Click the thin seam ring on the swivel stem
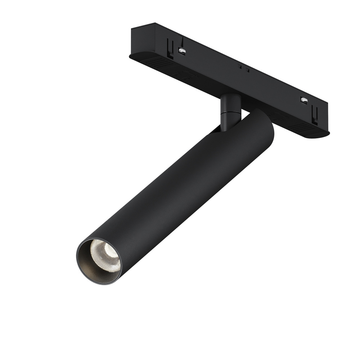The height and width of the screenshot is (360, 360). pos(229,113)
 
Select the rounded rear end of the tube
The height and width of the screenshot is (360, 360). pos(265,124)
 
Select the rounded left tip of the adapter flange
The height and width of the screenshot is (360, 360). pos(130,56)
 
